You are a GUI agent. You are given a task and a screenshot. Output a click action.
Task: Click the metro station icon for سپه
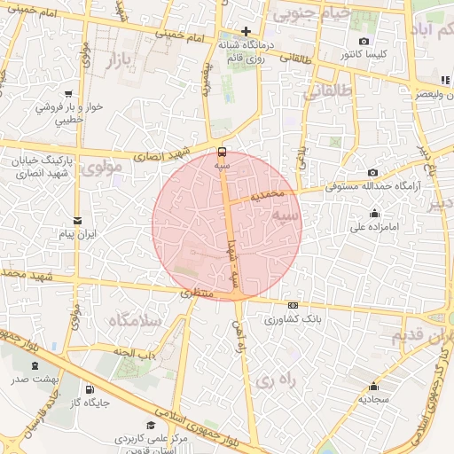[222, 151]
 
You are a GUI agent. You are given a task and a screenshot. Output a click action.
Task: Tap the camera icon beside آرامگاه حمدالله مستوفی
[373, 172]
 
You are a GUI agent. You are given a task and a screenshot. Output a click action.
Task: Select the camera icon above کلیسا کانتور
[364, 42]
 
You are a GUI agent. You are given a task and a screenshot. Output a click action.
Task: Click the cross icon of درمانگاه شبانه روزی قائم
[247, 31]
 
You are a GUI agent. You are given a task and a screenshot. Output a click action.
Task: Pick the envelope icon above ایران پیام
[77, 220]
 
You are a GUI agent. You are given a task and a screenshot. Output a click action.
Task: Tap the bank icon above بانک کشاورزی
[293, 305]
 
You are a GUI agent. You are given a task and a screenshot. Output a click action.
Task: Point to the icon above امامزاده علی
[373, 213]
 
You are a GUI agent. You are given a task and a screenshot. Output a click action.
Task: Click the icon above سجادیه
[373, 386]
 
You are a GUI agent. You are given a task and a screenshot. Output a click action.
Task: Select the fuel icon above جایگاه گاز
[90, 389]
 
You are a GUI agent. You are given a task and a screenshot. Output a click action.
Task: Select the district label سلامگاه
[135, 319]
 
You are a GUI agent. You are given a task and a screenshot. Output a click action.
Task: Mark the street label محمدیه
[268, 192]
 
